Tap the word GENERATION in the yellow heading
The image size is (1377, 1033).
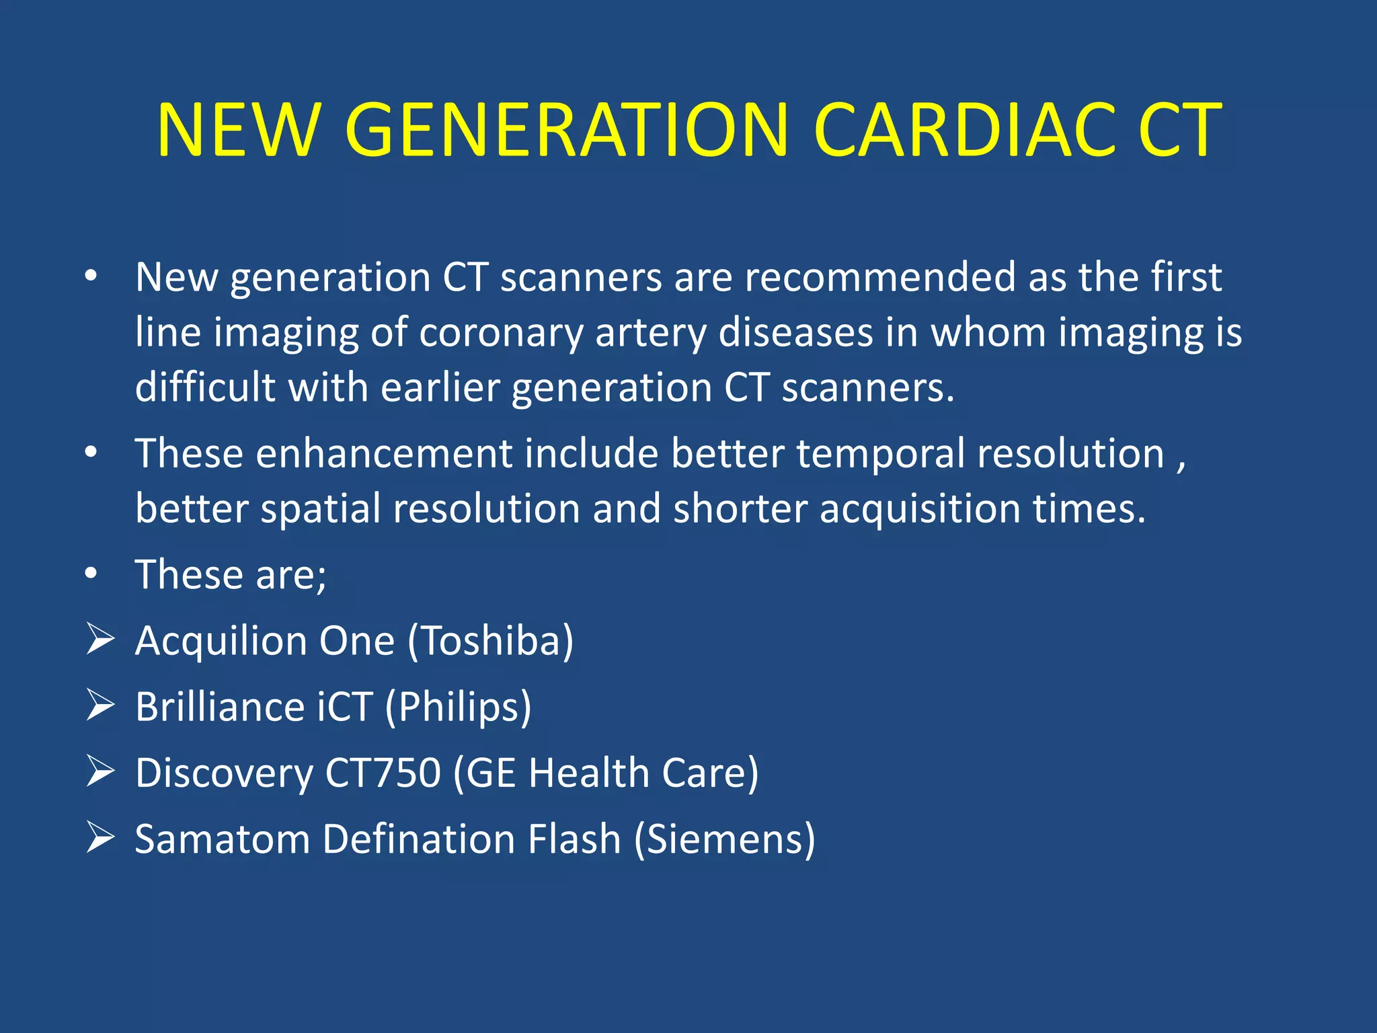565,130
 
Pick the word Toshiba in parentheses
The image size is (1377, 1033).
490,640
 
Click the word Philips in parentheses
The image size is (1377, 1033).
458,707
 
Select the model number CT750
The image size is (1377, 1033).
383,773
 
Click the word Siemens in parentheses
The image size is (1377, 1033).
725,839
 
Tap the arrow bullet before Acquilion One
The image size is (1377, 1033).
100,639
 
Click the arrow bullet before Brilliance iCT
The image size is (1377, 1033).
100,705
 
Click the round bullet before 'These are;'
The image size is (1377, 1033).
91,574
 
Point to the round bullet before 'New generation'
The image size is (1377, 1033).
91,276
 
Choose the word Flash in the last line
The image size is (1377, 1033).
574,839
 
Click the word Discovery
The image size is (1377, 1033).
224,774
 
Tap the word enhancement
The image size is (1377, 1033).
384,453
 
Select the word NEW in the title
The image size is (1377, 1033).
237,130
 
